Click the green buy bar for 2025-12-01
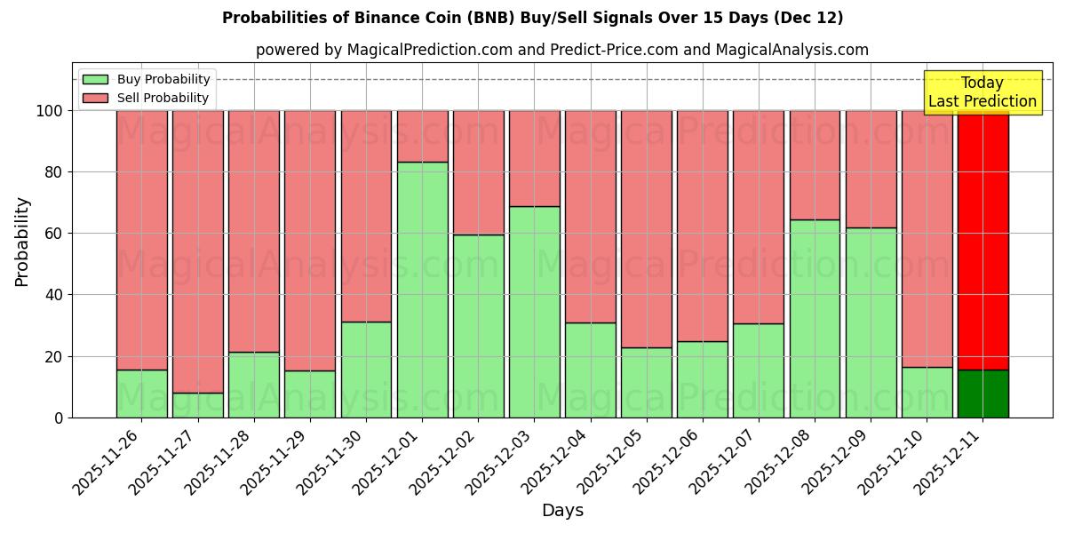(422, 290)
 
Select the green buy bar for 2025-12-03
(535, 312)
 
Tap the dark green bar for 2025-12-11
(982, 394)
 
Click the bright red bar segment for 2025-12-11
(982, 240)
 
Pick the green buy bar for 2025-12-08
(815, 318)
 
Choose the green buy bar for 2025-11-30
(366, 370)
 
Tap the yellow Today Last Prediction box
(982, 92)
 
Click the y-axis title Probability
(22, 242)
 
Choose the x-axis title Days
(562, 511)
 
